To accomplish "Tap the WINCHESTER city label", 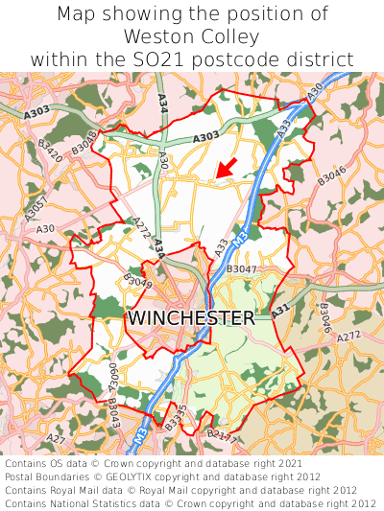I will coord(191,317).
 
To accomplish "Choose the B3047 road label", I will coord(242,270).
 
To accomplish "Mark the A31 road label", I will coord(279,311).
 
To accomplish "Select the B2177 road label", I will coord(222,437).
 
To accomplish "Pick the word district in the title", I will coord(320,59).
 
